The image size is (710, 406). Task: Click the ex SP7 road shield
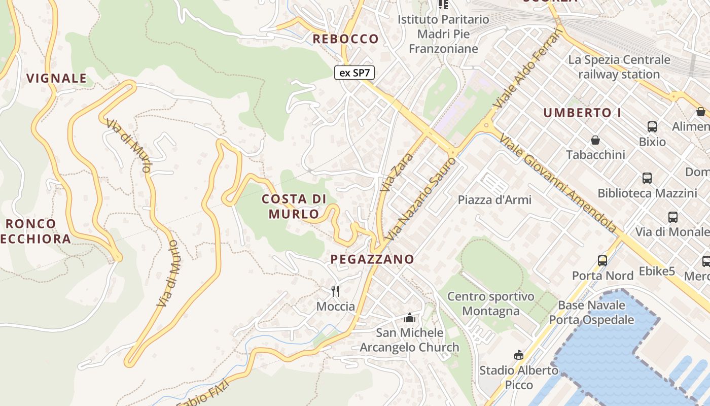point(354,73)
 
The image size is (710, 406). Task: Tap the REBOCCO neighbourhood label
point(345,39)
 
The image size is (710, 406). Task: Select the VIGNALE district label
point(56,78)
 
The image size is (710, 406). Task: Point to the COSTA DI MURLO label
point(294,206)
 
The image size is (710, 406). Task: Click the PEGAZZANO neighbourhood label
point(372,259)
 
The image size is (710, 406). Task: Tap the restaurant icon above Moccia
point(335,291)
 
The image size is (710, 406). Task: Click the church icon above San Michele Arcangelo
point(409,318)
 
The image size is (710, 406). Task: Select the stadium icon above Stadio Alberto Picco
point(518,355)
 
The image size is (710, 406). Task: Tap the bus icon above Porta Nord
point(602,261)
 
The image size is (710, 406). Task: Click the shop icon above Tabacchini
point(595,140)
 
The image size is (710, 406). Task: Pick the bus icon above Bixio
point(652,126)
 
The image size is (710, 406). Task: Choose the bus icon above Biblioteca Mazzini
point(647,178)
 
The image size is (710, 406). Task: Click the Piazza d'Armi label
point(494,199)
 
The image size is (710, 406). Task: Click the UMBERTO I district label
point(582,113)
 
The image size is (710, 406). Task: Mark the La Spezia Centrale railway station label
point(619,67)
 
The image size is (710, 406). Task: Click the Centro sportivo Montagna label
point(491,303)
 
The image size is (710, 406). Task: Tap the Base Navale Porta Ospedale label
point(591,313)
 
